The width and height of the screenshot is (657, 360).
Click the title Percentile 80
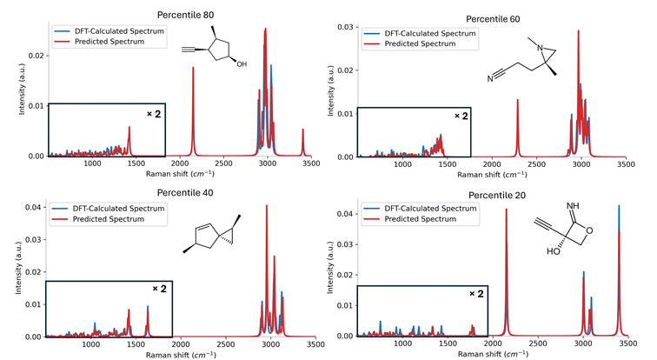pyautogui.click(x=185, y=15)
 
